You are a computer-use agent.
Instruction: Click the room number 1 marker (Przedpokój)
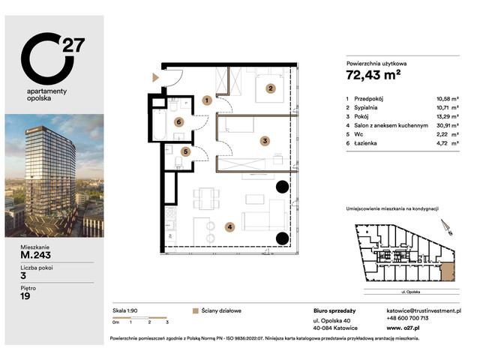(206, 100)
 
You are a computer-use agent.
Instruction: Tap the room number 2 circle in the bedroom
(271, 87)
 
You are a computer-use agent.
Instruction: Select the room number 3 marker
(265, 140)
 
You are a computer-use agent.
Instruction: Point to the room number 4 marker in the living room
(230, 226)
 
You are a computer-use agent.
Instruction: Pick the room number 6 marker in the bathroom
(178, 121)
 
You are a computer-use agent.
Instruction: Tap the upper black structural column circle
(282, 187)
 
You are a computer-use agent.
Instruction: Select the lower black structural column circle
(282, 239)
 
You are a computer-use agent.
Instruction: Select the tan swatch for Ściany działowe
(196, 310)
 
